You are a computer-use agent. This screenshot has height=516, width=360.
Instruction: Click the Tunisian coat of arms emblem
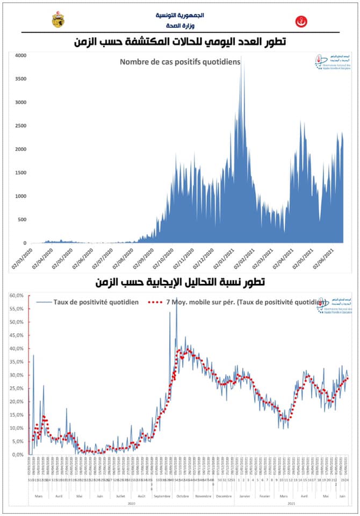click(x=57, y=20)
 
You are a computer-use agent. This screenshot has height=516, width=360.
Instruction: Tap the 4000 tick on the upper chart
click(x=20, y=55)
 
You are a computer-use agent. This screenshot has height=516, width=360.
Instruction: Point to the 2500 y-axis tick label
click(x=20, y=126)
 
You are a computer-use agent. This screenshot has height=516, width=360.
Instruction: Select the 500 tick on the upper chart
click(x=21, y=220)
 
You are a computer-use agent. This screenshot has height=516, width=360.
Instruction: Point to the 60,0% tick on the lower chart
click(x=16, y=296)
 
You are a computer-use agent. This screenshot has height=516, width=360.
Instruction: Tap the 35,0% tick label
click(x=16, y=362)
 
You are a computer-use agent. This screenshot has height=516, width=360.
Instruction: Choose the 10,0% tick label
click(x=16, y=428)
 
